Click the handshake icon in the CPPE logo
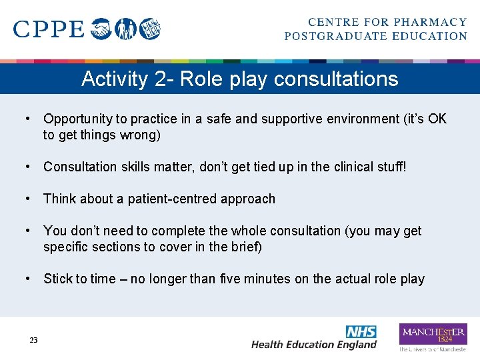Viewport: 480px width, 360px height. [x=101, y=29]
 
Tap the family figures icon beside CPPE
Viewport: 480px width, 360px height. [x=125, y=29]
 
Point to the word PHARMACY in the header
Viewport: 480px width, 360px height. [x=433, y=23]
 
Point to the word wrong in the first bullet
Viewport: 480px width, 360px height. [x=143, y=135]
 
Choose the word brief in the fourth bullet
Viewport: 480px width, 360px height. [x=245, y=247]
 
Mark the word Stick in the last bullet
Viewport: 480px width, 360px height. [x=58, y=279]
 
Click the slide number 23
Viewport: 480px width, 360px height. [x=33, y=340]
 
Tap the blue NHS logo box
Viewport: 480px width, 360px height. [x=361, y=331]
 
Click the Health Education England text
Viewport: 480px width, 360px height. [x=313, y=345]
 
